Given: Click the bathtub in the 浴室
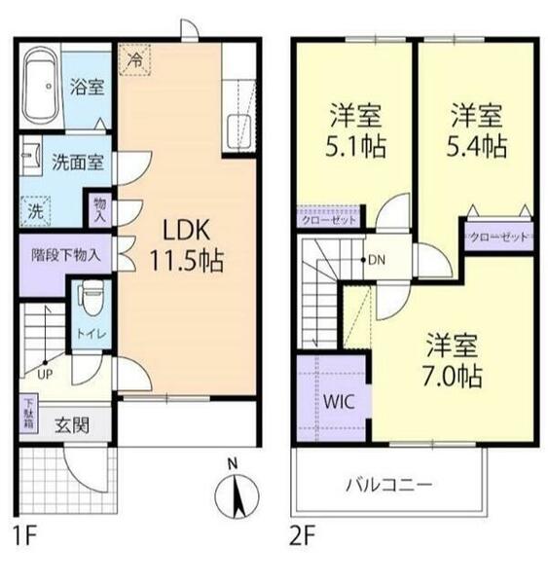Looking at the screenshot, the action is (x=41, y=86).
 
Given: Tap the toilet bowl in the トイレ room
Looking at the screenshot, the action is (x=91, y=298).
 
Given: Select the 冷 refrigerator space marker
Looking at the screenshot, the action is (x=135, y=60).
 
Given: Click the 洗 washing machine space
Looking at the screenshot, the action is (x=35, y=211).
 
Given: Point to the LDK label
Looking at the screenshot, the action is (x=187, y=230).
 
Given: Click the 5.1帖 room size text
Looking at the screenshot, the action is (x=356, y=147).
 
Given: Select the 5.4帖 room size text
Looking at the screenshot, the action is (x=477, y=146).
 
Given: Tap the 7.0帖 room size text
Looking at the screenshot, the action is (x=453, y=376).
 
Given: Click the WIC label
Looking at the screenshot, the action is (x=339, y=401).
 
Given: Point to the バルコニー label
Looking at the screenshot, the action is (x=389, y=485).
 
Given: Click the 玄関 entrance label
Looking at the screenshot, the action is (x=72, y=425).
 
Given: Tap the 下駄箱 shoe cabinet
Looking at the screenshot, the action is (x=28, y=414).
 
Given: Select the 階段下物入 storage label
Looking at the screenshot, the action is (x=66, y=255).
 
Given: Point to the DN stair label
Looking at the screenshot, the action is (x=377, y=260).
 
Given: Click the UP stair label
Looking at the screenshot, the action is (x=45, y=374).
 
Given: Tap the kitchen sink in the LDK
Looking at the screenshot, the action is (x=238, y=131).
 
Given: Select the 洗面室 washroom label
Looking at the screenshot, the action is (x=78, y=162).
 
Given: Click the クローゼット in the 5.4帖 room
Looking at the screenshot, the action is (x=498, y=237).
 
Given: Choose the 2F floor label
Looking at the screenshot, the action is (x=303, y=534).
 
